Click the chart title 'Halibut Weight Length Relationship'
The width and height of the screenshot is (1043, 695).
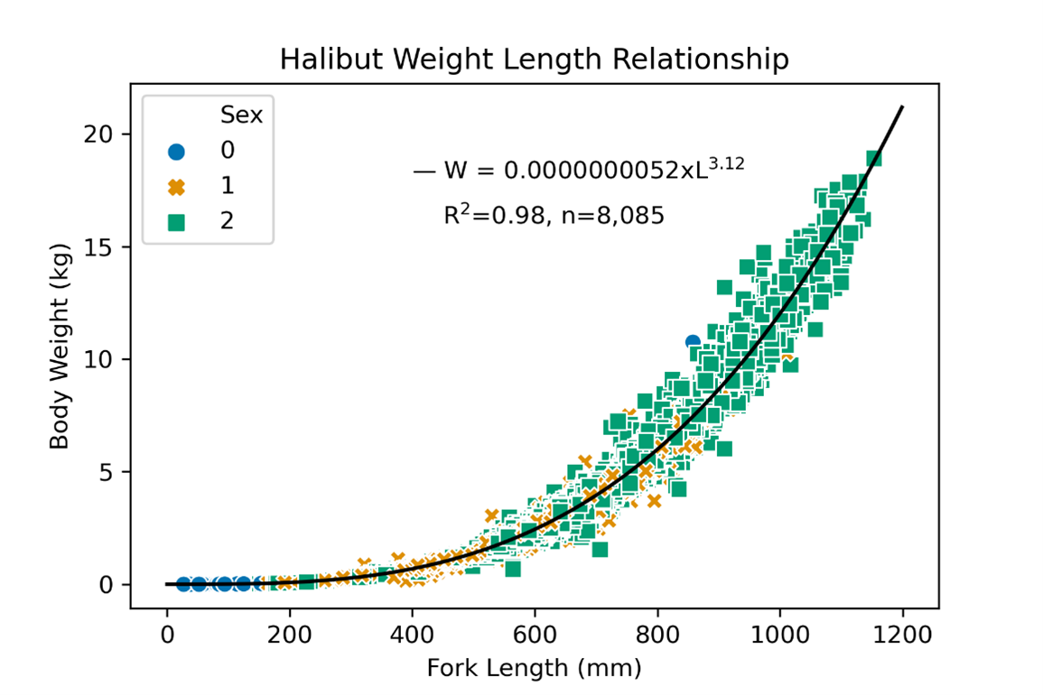[x=534, y=60]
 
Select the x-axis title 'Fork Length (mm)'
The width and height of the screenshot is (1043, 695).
[x=534, y=669]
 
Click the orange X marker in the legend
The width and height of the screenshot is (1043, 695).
[x=176, y=186]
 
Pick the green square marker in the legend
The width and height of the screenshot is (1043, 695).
[x=176, y=221]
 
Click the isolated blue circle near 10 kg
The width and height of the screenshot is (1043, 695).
[x=693, y=342]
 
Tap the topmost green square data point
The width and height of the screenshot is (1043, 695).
[x=873, y=159]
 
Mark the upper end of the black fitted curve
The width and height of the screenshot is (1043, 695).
[x=902, y=107]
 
